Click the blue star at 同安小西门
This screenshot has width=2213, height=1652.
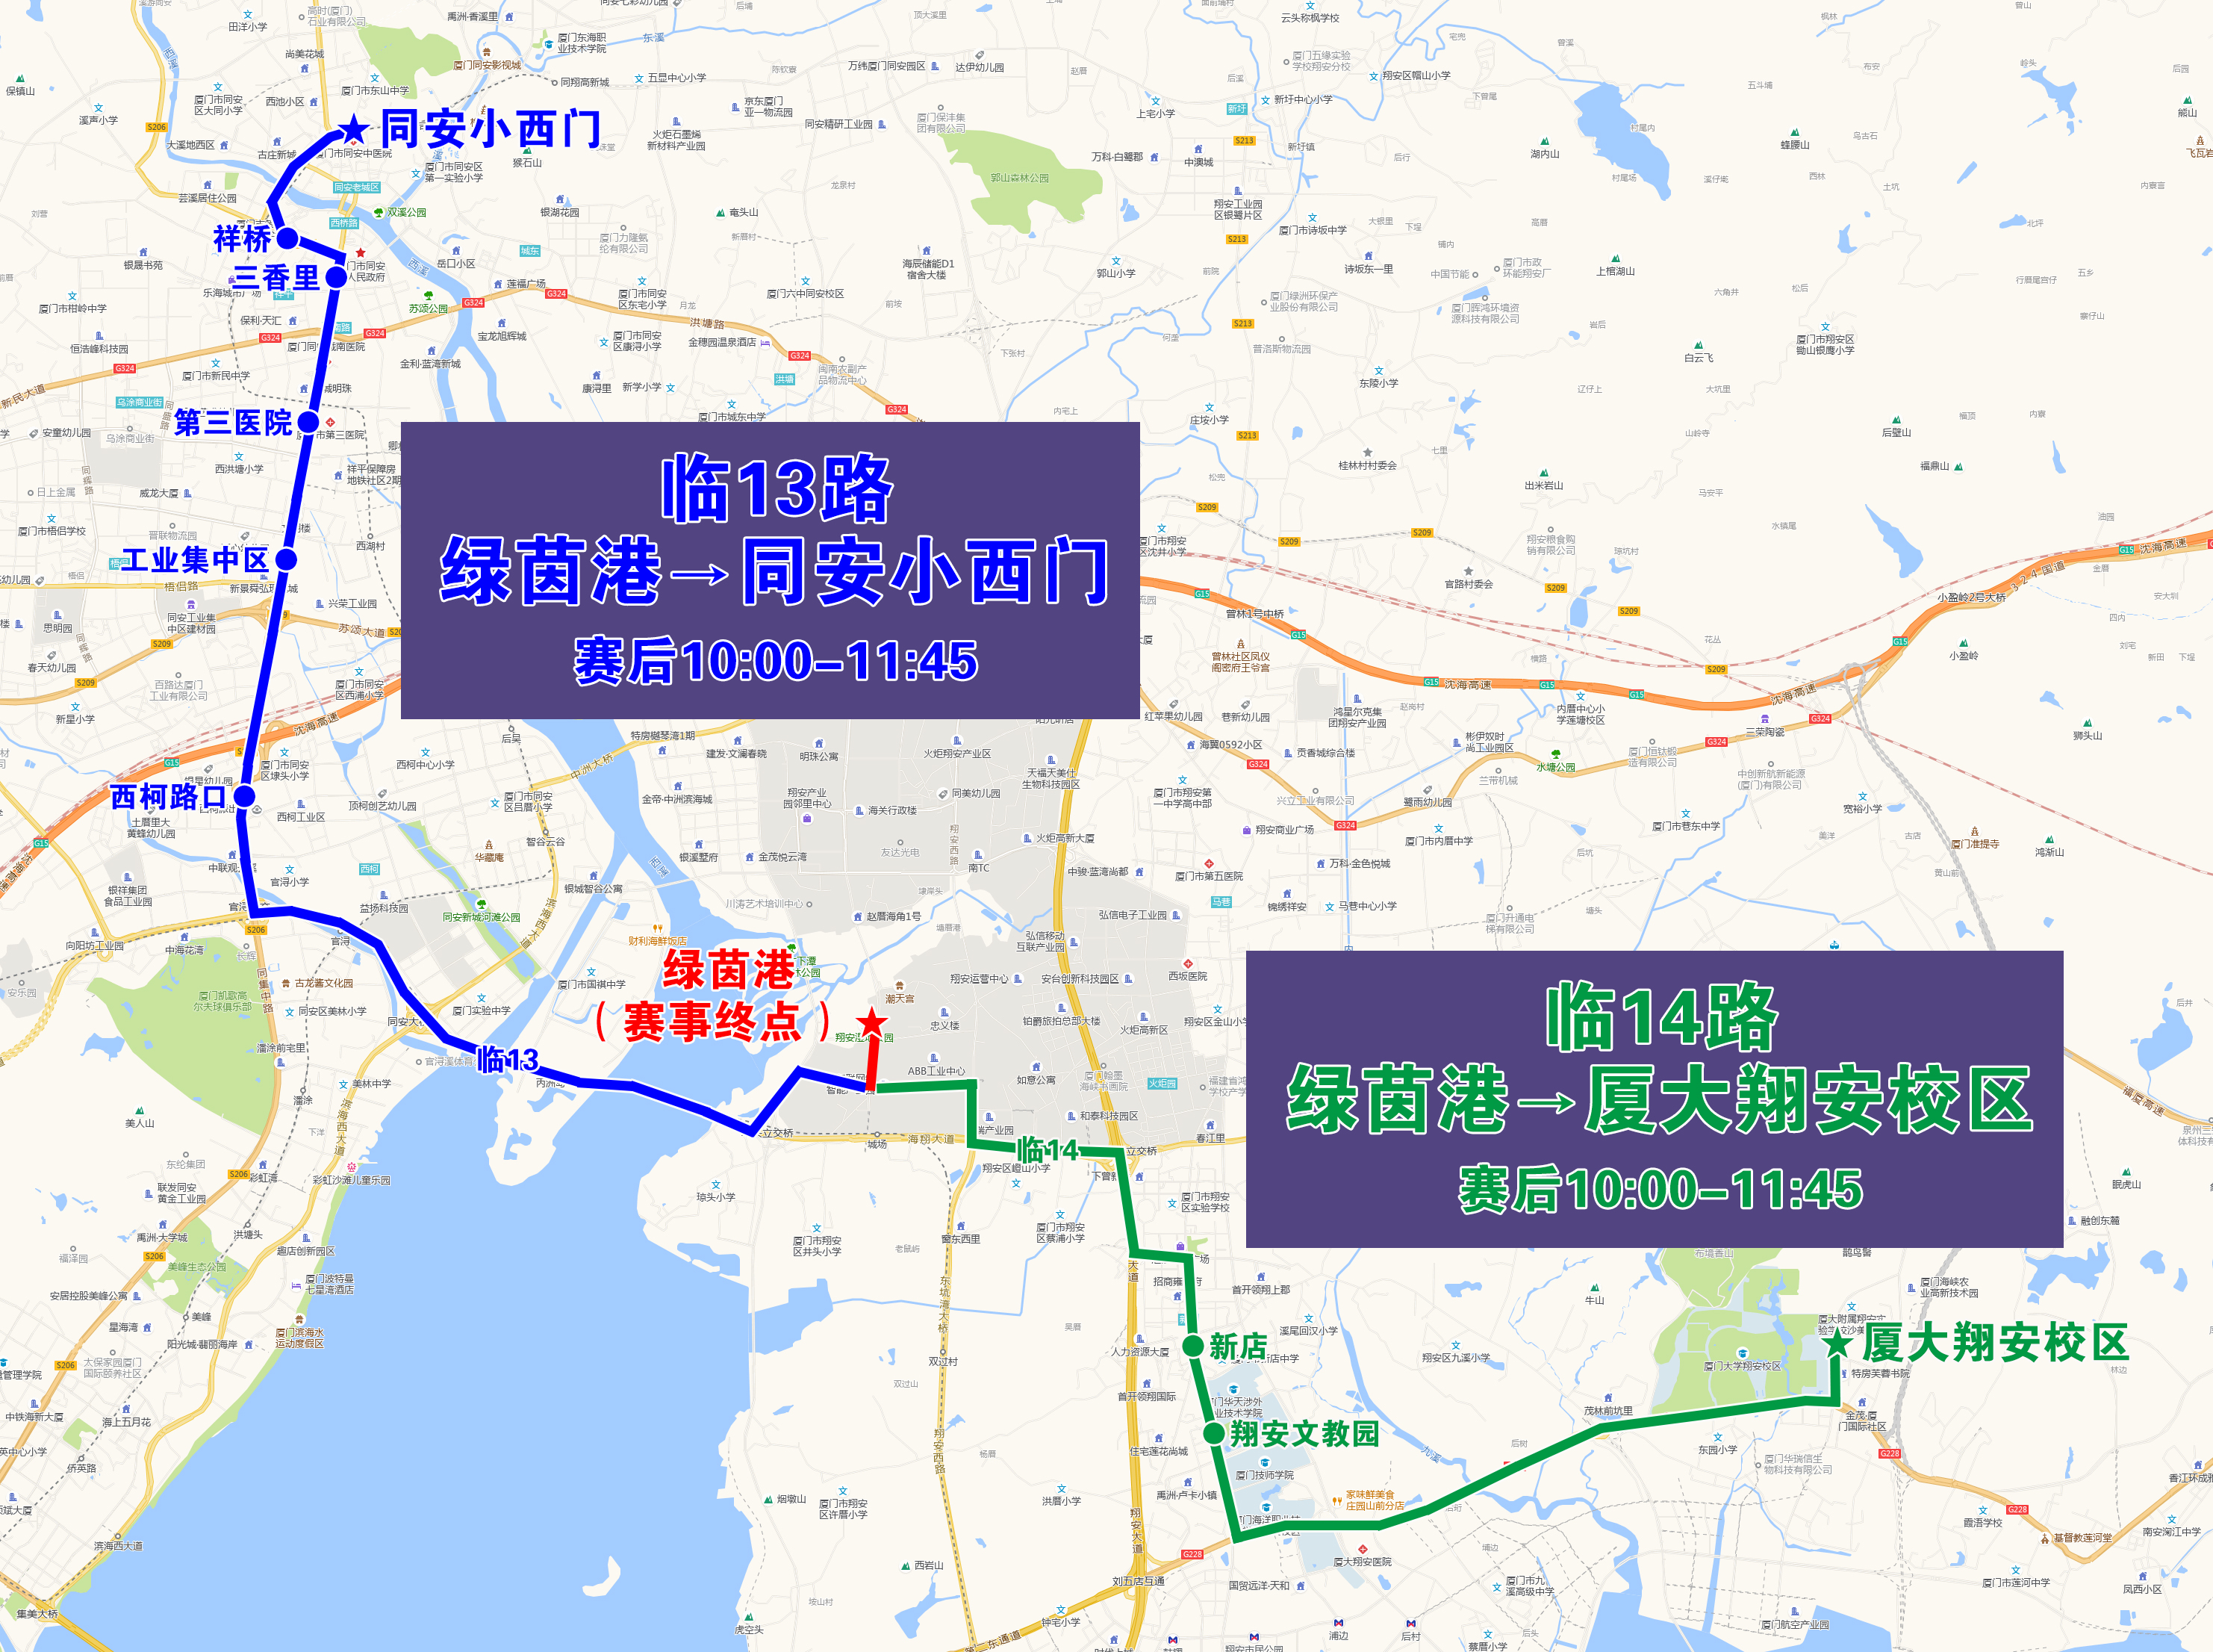(354, 130)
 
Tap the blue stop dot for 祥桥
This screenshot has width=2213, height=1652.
(287, 238)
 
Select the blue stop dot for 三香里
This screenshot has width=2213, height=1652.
(336, 277)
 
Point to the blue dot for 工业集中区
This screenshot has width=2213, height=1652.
(286, 559)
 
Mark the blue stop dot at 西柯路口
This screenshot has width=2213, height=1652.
(244, 797)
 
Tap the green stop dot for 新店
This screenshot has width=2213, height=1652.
(1192, 1346)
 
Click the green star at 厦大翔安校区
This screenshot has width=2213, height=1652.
(1839, 1343)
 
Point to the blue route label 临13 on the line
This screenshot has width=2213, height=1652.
(508, 1060)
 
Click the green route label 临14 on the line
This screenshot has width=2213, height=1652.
(1048, 1150)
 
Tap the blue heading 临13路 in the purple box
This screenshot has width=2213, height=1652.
(776, 489)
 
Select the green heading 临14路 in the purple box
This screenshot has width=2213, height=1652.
(1661, 1017)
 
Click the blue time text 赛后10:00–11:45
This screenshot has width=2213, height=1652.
(776, 661)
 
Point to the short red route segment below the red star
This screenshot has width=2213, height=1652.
(871, 1065)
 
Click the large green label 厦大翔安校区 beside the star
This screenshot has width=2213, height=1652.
(1995, 1343)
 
